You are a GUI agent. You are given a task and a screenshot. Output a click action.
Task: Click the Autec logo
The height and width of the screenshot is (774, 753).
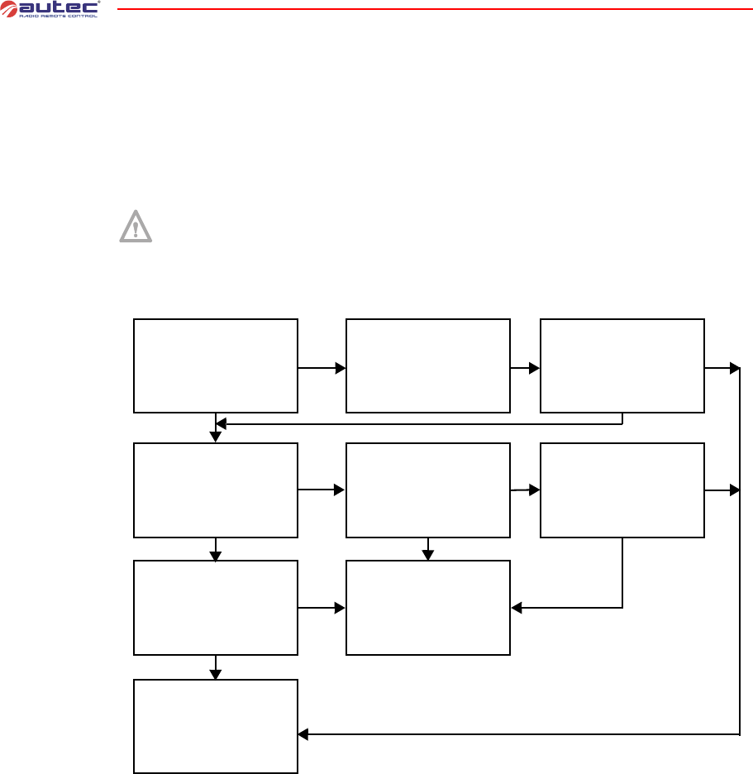click(50, 11)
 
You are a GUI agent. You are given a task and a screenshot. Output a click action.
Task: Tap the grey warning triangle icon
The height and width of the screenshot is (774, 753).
click(136, 226)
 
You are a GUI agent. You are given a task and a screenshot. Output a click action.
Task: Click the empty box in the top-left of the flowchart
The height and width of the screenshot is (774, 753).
click(215, 365)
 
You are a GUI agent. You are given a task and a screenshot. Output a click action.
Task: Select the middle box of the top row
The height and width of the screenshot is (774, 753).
click(427, 365)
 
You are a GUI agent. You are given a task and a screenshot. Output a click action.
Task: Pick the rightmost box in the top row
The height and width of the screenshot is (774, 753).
click(622, 365)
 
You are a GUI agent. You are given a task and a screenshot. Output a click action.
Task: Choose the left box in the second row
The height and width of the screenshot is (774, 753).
click(215, 490)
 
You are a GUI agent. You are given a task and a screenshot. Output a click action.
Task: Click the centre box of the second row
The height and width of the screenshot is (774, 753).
click(427, 490)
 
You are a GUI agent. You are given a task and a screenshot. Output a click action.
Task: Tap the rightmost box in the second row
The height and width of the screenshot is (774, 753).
click(622, 490)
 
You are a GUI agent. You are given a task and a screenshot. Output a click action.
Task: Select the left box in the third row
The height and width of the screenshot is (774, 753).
click(215, 608)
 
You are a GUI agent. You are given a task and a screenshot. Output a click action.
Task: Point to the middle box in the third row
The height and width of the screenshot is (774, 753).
click(427, 608)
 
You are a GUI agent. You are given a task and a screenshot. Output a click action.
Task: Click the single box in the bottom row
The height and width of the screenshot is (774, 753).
click(215, 727)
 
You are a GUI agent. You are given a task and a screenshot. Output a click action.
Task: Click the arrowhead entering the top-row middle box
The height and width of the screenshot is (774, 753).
click(340, 368)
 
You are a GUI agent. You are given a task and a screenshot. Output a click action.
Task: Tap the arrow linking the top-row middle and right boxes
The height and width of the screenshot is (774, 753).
click(525, 368)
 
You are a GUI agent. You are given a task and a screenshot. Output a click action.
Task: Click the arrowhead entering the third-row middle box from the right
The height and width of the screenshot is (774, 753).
click(517, 608)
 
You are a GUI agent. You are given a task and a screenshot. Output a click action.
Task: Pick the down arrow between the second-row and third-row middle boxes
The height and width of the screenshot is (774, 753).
click(427, 549)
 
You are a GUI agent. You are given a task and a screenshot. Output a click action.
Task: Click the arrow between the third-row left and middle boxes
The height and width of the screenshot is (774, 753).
click(322, 608)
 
